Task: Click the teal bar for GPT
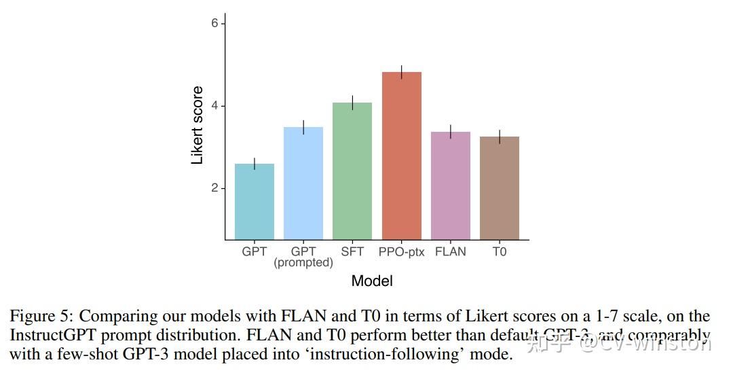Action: pyautogui.click(x=255, y=202)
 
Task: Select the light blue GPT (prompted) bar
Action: pyautogui.click(x=303, y=183)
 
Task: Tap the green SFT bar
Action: pyautogui.click(x=352, y=171)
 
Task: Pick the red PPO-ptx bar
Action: pyautogui.click(x=402, y=156)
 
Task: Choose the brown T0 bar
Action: pyautogui.click(x=500, y=188)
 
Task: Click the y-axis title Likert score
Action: pyautogui.click(x=198, y=125)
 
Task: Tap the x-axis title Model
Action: pyautogui.click(x=372, y=281)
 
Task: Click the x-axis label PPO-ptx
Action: pyautogui.click(x=402, y=251)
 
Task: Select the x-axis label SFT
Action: pyautogui.click(x=352, y=251)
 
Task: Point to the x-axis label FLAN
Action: pyautogui.click(x=451, y=251)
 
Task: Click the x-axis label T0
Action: pyautogui.click(x=500, y=251)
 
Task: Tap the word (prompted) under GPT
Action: pyautogui.click(x=303, y=263)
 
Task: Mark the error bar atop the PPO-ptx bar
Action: pyautogui.click(x=402, y=72)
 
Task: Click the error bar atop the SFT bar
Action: pyautogui.click(x=352, y=103)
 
